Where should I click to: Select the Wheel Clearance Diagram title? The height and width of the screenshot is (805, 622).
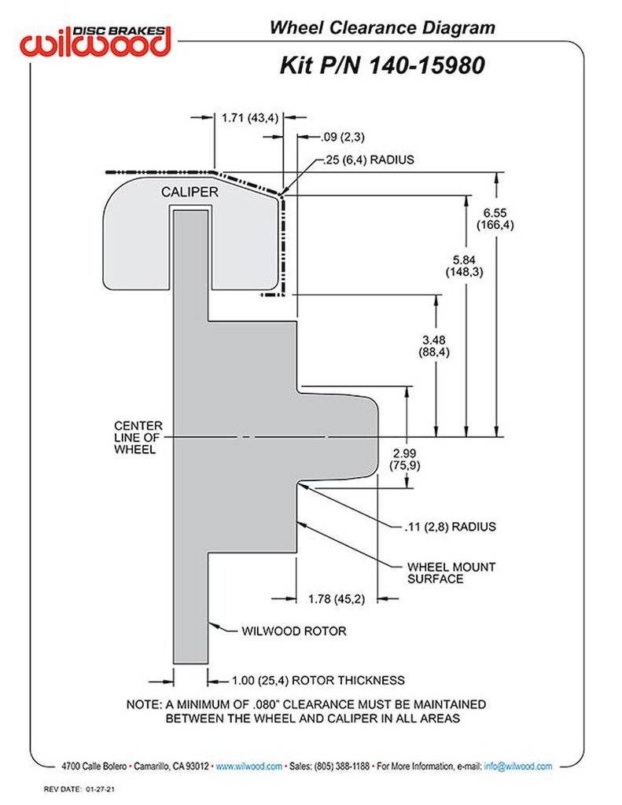click(382, 28)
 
